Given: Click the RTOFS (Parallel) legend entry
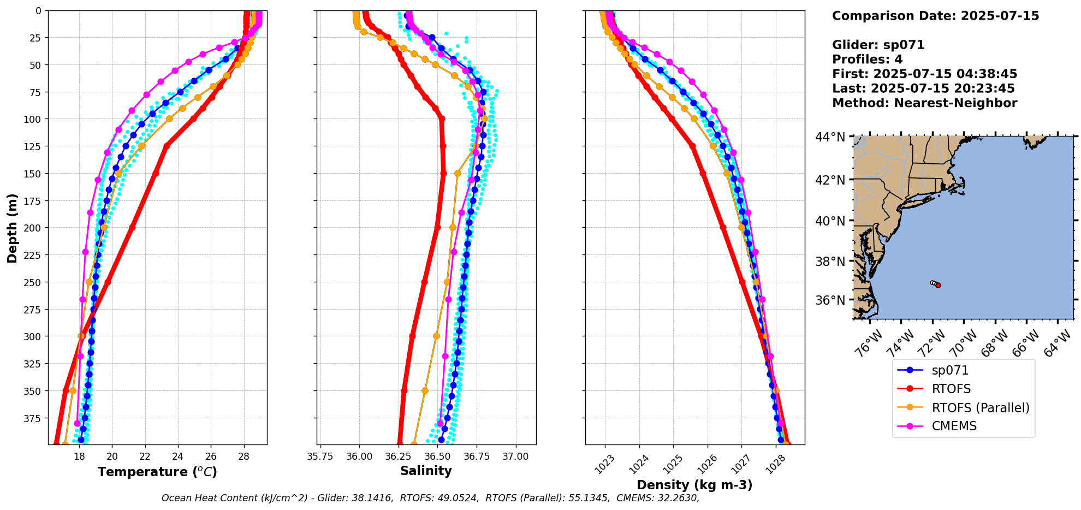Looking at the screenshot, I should coord(980,408).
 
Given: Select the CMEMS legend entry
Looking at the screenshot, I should coord(954,426).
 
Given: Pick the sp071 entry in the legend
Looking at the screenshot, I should coord(950,371).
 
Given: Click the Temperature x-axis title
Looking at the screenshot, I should coord(157,472).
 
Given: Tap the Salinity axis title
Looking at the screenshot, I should coord(426,471).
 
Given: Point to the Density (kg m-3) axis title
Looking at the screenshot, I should coord(694,485).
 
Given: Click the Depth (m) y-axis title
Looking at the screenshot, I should coord(12,228).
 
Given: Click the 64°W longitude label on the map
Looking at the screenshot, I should coord(1058,343).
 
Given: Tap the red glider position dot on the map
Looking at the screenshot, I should coord(938,285).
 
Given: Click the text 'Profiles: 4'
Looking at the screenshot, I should coord(867,60).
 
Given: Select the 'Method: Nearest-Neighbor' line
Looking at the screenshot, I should coord(924,103).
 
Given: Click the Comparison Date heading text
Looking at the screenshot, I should coord(935,16).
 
